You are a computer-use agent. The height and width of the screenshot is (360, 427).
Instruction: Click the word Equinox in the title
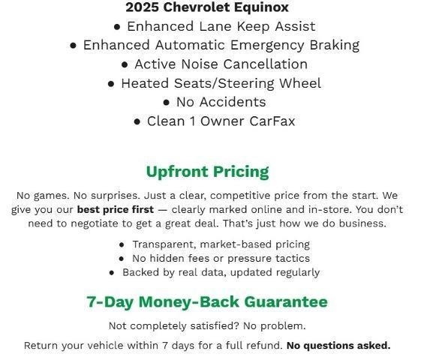[x=258, y=7]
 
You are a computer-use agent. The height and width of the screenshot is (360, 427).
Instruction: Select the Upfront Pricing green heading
[x=207, y=172]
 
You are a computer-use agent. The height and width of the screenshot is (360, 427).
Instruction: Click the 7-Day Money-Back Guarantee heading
[x=207, y=302]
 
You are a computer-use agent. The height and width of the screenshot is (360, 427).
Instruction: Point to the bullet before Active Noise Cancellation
[x=125, y=64]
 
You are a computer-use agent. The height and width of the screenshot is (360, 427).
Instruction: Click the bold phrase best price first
[x=115, y=209]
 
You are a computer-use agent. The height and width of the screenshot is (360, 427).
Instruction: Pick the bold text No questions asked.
[x=338, y=346]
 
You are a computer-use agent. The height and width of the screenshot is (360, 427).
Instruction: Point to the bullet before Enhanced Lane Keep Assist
[x=117, y=26]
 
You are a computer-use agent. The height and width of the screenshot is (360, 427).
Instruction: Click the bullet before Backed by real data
[x=112, y=273]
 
